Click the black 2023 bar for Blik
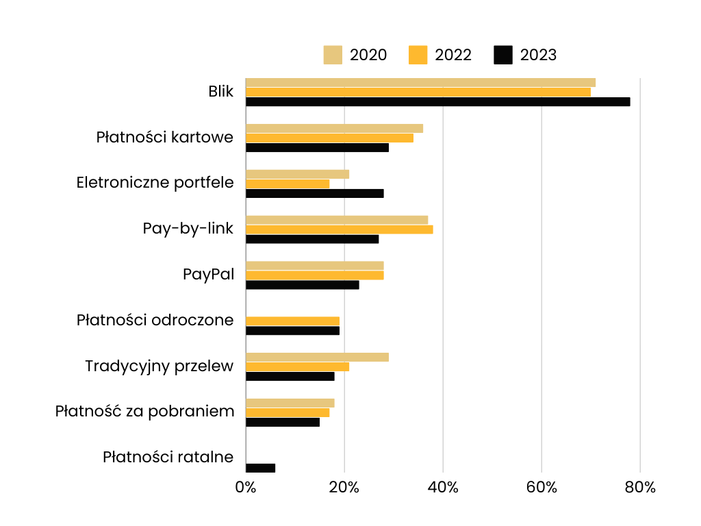tap(437, 102)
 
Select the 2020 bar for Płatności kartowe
tap(334, 129)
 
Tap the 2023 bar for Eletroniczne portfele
tap(314, 193)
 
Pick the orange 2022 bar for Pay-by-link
tap(339, 229)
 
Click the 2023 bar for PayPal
tap(302, 285)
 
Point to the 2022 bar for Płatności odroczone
tap(292, 321)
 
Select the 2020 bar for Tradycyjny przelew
tap(317, 357)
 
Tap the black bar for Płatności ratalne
tap(260, 468)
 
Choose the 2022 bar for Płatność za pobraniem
tap(288, 412)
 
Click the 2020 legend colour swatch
tap(333, 55)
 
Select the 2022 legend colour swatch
tap(418, 55)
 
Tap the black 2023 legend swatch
tap(503, 55)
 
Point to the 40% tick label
tap(443, 488)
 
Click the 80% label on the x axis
tap(640, 488)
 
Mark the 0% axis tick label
tap(246, 488)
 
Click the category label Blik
tap(221, 92)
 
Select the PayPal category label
tap(208, 275)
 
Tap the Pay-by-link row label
tap(188, 229)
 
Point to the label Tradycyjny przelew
tap(160, 366)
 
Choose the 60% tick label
tap(541, 488)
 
